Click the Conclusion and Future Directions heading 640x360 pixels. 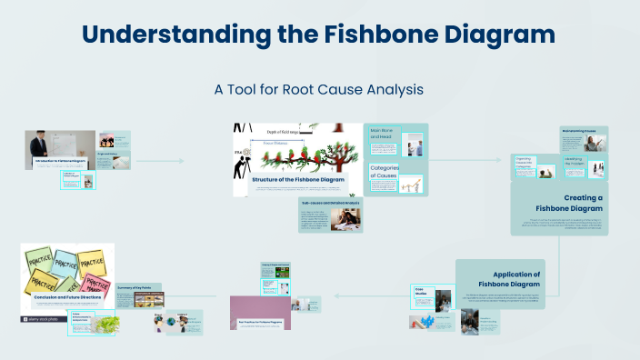pyautogui.click(x=66, y=296)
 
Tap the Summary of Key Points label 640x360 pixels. pyautogui.click(x=136, y=287)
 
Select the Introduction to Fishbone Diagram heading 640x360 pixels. pyautogui.click(x=60, y=161)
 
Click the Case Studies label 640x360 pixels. pyautogui.click(x=420, y=294)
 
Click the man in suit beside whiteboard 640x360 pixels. pyautogui.click(x=39, y=145)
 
